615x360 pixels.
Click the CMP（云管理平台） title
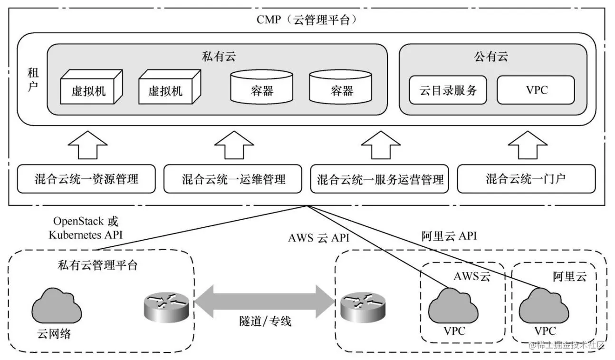click(307, 19)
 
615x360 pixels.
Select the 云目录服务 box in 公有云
click(448, 90)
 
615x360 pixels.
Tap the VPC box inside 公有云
click(536, 90)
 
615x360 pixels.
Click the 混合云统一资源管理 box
click(86, 179)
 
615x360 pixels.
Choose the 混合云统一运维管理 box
click(233, 179)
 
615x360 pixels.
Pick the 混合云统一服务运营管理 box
click(380, 179)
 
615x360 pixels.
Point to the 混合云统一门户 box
click(526, 179)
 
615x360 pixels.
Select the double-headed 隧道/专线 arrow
click(264, 302)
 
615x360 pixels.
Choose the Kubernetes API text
click(88, 234)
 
